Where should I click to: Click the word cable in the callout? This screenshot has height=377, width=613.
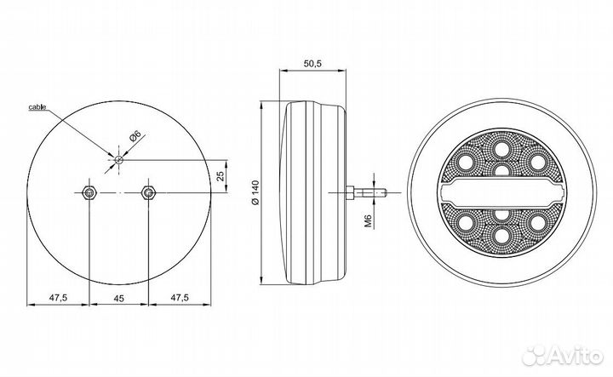pos(37,106)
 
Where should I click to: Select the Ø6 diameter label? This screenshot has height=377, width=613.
pos(135,136)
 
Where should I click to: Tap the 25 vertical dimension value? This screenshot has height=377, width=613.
pos(221,176)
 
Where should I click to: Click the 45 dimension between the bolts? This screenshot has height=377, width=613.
pos(119,299)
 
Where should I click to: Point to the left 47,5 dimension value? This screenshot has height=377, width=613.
pos(59,298)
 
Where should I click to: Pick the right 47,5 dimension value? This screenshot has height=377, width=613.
pos(180,298)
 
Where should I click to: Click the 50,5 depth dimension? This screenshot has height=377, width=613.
pos(312,63)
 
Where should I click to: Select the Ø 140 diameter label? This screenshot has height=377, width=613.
pos(255,193)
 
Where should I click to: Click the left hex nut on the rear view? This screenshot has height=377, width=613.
pos(89,192)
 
